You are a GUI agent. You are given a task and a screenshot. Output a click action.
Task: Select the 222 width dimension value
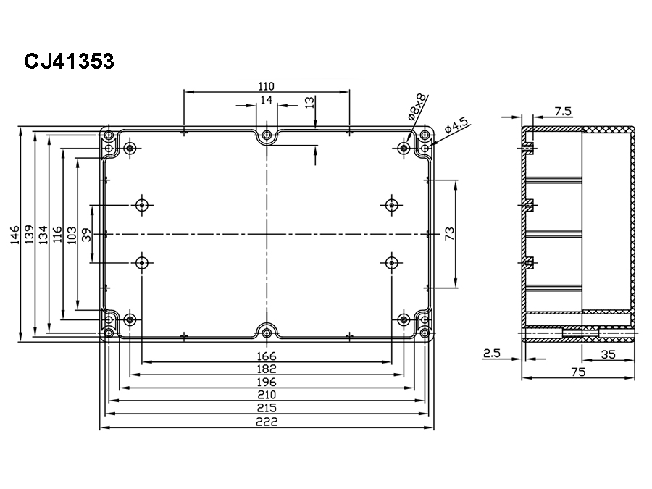(x=267, y=422)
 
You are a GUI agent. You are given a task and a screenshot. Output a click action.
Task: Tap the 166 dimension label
(x=267, y=356)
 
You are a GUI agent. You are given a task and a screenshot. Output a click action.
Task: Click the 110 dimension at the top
(x=267, y=85)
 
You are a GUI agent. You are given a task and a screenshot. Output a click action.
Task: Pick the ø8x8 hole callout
(x=418, y=106)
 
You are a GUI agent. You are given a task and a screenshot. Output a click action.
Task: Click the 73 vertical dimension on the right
(x=450, y=233)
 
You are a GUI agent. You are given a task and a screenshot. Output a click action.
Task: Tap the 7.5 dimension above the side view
(x=563, y=111)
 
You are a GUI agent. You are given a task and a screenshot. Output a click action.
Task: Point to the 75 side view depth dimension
(x=578, y=372)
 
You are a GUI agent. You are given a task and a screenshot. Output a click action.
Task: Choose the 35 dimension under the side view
(x=609, y=354)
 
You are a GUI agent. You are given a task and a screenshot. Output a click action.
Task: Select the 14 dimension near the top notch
(x=267, y=100)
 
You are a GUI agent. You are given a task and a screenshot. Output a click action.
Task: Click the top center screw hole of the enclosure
(x=267, y=135)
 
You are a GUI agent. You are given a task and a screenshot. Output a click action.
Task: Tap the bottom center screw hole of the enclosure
(x=267, y=333)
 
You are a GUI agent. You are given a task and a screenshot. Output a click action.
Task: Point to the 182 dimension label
(x=267, y=369)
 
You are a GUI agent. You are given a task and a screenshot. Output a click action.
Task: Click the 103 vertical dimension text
(x=71, y=235)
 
